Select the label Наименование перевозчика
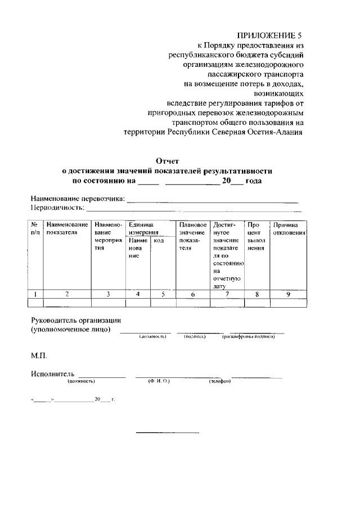77,199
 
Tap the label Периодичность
57,208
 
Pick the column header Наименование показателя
67,228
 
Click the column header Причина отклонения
289,228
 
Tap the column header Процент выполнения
256,236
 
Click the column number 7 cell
227,293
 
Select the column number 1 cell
35,293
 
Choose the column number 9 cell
289,293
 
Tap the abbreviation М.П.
39,356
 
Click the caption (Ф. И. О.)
159,381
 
